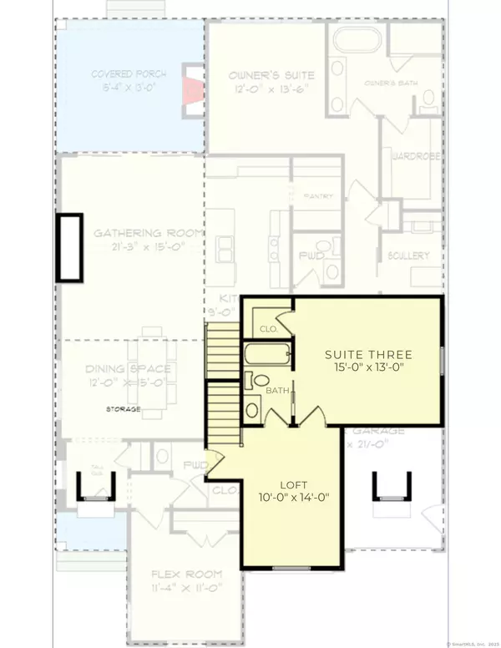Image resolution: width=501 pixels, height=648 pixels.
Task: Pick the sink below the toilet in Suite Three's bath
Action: pyautogui.click(x=252, y=410)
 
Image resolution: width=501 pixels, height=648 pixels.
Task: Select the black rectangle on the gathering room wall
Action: pyautogui.click(x=68, y=247)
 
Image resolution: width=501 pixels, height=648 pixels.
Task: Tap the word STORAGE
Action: pyautogui.click(x=122, y=409)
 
